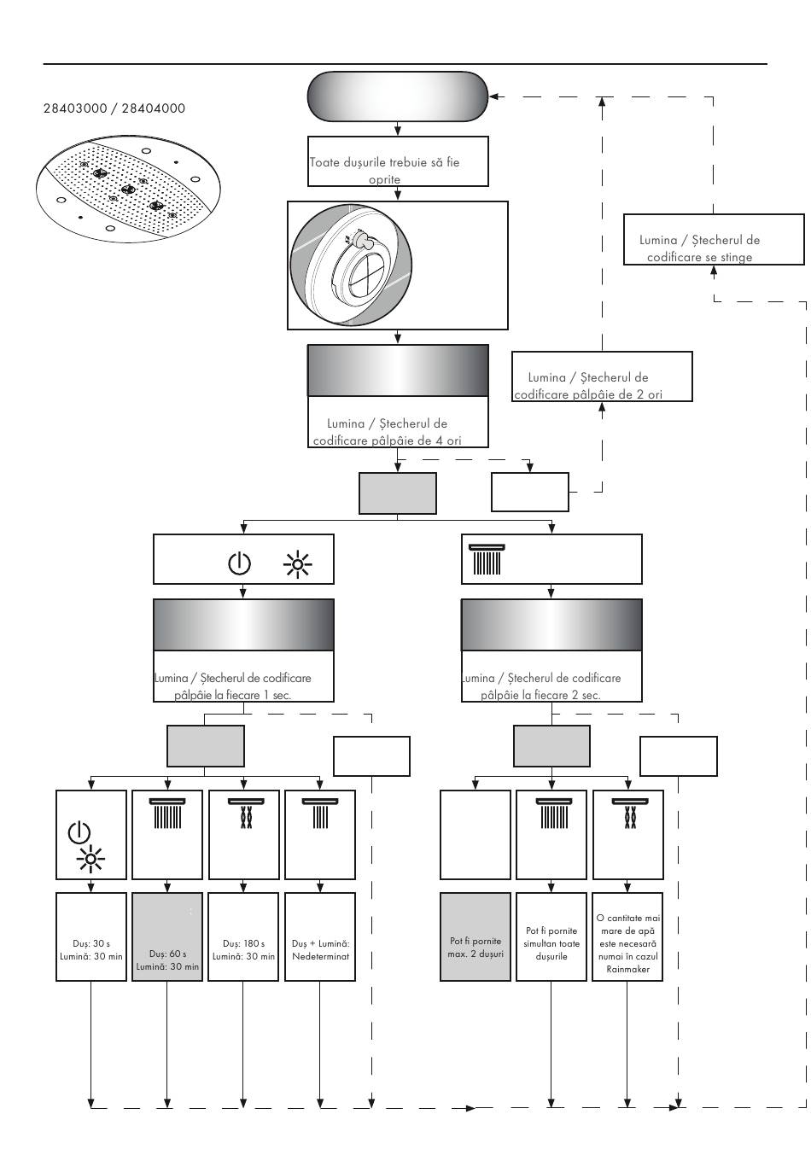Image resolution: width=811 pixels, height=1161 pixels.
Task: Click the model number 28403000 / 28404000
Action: [114, 109]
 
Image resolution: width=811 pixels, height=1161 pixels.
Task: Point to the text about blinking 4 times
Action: [398, 432]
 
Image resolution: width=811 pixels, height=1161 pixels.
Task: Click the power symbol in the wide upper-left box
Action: [240, 563]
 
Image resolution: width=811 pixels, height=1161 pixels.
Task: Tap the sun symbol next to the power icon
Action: [298, 563]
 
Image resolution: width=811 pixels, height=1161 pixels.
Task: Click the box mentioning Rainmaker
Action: [627, 937]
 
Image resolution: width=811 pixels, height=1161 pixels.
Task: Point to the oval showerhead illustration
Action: [128, 187]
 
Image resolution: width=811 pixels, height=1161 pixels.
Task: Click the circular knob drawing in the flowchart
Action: [351, 265]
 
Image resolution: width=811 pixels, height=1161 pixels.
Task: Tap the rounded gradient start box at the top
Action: [398, 96]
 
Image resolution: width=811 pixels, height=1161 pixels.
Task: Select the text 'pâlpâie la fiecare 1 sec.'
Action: [233, 695]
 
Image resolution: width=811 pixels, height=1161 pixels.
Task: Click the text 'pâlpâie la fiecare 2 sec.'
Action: [540, 695]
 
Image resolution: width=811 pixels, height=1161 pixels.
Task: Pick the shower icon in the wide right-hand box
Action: [487, 560]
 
